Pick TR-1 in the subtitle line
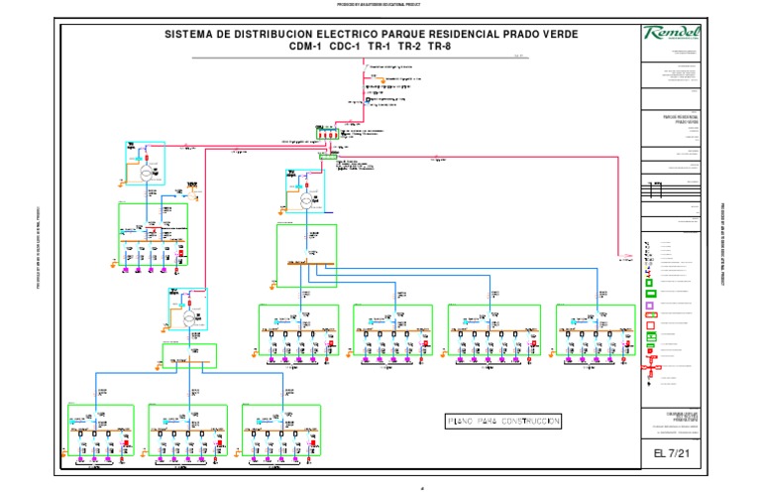(x=380, y=47)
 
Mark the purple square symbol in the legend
(x=650, y=307)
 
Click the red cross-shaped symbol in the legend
(x=650, y=369)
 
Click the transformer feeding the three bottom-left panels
(x=188, y=317)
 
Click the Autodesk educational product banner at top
(x=380, y=4)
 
